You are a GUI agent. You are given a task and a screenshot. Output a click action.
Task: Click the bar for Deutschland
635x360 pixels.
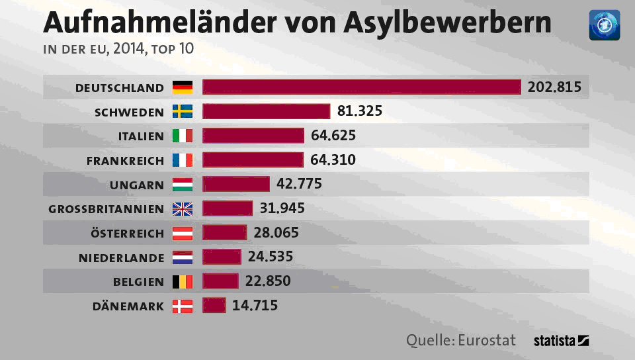pyautogui.click(x=362, y=87)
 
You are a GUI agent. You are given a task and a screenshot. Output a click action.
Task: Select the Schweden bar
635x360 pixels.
pyautogui.click(x=266, y=111)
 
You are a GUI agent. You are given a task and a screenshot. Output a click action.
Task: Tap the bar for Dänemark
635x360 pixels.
pyautogui.click(x=214, y=305)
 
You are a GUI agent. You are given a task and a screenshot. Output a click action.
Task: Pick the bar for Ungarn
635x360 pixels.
pyautogui.click(x=236, y=184)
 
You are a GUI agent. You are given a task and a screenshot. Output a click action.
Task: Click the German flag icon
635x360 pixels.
pyautogui.click(x=183, y=87)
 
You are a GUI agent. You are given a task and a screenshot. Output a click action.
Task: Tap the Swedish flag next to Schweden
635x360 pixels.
pyautogui.click(x=183, y=111)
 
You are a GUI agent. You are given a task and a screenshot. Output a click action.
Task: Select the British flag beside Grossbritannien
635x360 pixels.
pyautogui.click(x=183, y=208)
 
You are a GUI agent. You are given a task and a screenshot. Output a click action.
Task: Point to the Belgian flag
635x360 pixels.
pyautogui.click(x=183, y=281)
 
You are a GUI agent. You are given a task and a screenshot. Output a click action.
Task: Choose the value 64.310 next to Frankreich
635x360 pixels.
pyautogui.click(x=333, y=159)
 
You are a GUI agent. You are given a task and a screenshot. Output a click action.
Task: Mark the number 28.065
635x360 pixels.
pyautogui.click(x=276, y=232)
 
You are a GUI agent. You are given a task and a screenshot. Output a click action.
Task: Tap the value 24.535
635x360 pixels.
pyautogui.click(x=271, y=257)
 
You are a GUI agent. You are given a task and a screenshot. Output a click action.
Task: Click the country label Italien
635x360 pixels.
pyautogui.click(x=141, y=136)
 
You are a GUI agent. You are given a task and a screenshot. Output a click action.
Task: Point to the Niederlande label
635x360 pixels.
pyautogui.click(x=121, y=257)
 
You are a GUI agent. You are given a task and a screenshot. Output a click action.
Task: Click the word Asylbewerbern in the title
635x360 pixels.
pyautogui.click(x=447, y=22)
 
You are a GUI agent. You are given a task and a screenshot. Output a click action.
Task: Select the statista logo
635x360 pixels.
pyautogui.click(x=561, y=341)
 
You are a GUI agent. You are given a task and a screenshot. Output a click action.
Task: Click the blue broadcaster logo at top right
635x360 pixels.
pyautogui.click(x=604, y=25)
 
